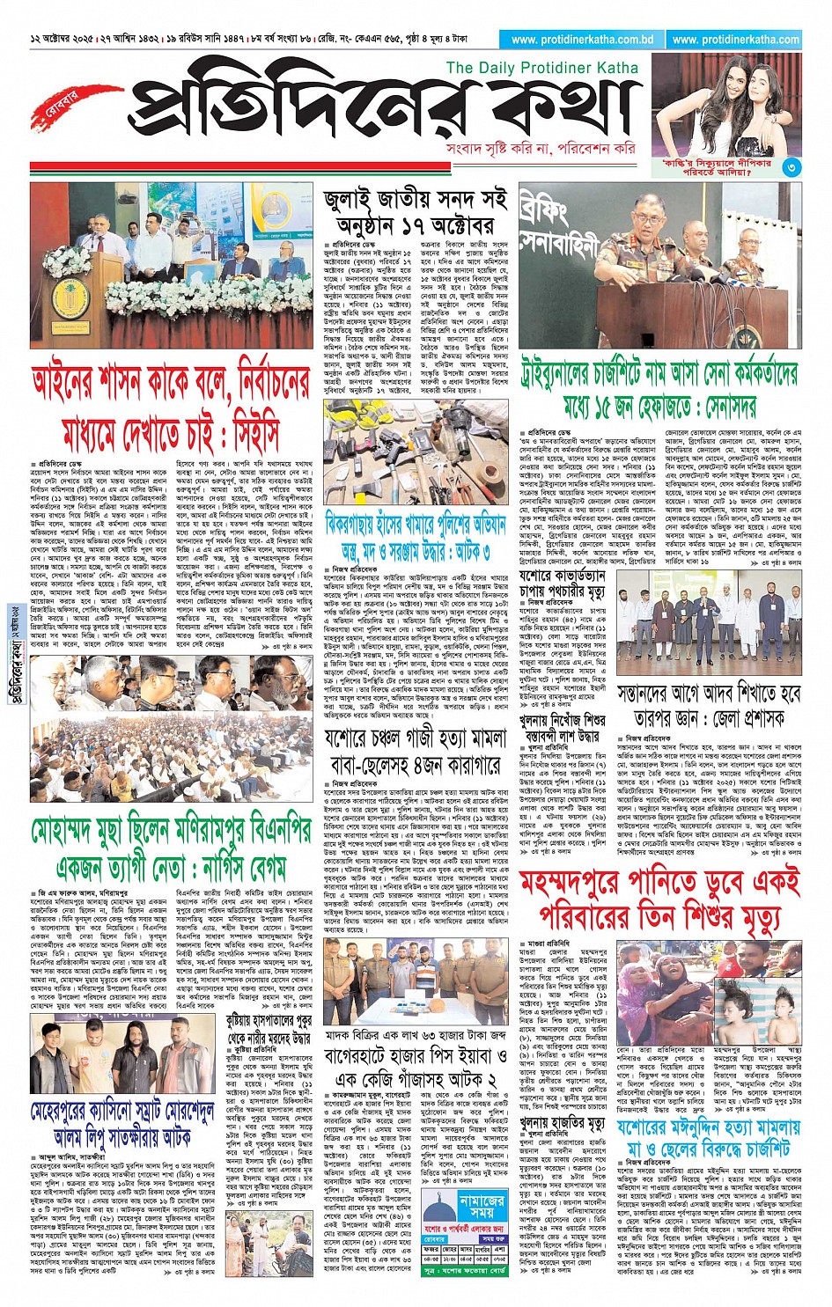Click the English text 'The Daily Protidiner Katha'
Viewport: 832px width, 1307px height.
tap(542, 68)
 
